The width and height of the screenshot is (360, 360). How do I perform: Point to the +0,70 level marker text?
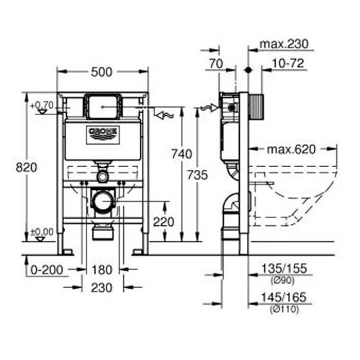(x=43, y=105)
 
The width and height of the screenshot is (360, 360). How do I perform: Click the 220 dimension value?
(x=163, y=222)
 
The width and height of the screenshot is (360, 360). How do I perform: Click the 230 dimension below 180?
(x=102, y=286)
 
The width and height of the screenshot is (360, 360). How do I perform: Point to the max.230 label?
(x=284, y=44)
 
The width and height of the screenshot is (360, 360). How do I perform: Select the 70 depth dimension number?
(x=215, y=65)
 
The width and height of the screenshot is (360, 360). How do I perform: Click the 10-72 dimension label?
(x=287, y=65)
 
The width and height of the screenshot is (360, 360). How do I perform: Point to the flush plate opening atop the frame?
(x=102, y=106)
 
